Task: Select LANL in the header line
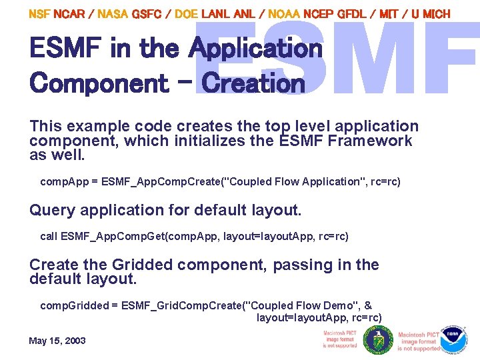pyautogui.click(x=216, y=13)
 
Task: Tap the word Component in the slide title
pyautogui.click(x=99, y=83)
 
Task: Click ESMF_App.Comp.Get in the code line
pyautogui.click(x=105, y=236)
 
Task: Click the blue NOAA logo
pyautogui.click(x=455, y=339)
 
